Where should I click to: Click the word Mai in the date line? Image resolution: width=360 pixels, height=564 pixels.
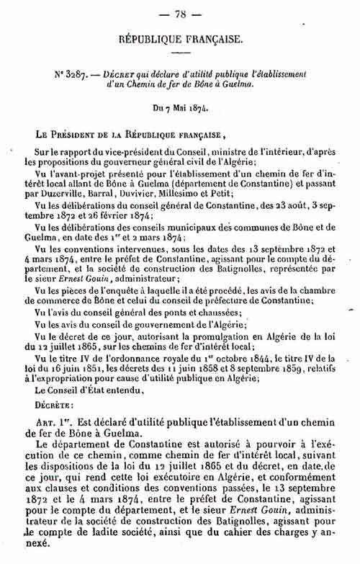tap(181, 107)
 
